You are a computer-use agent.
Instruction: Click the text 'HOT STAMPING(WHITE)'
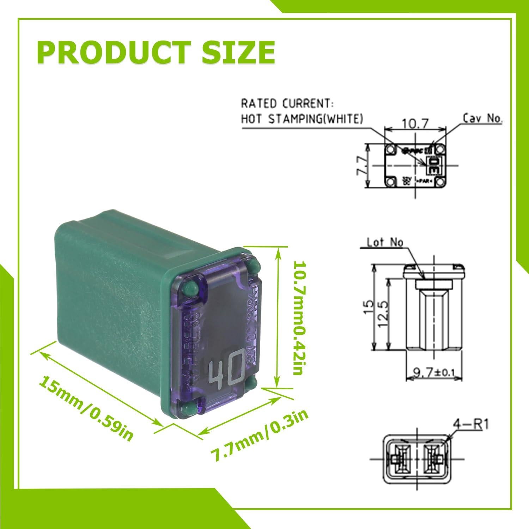tap(302, 119)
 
